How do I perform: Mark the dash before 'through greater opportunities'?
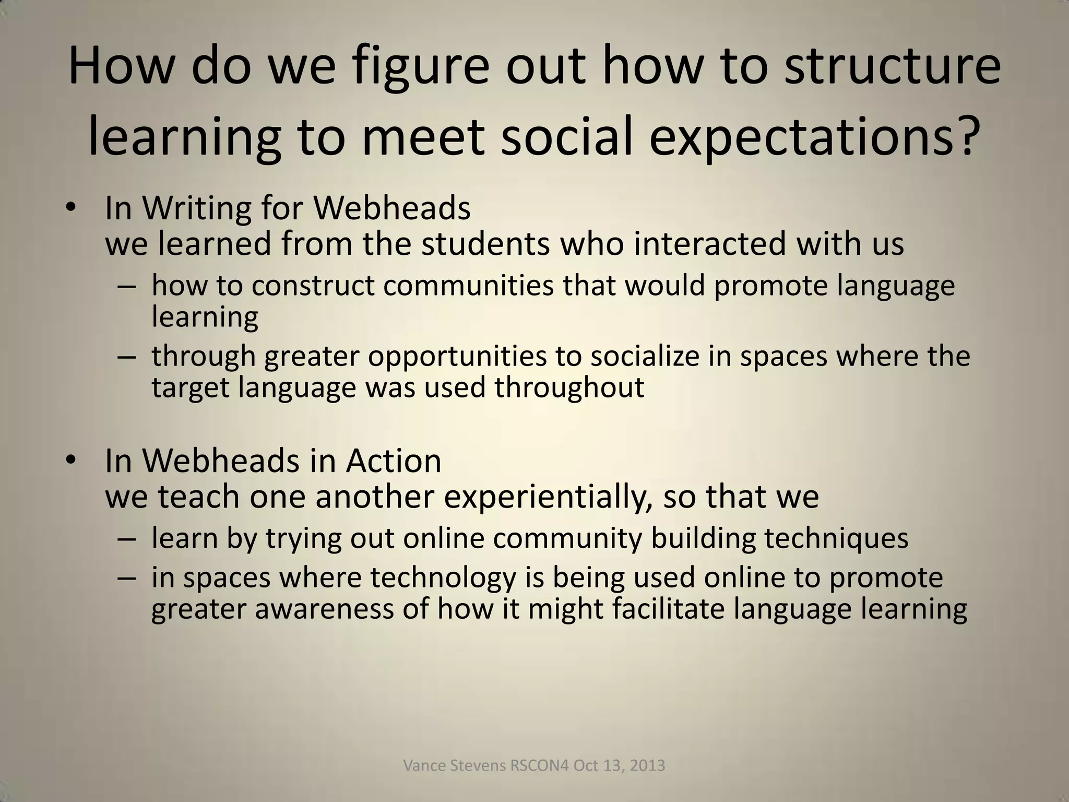pos(126,357)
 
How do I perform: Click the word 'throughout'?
pos(569,387)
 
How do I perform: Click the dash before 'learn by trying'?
pos(126,538)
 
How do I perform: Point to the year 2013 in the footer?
pos(648,766)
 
